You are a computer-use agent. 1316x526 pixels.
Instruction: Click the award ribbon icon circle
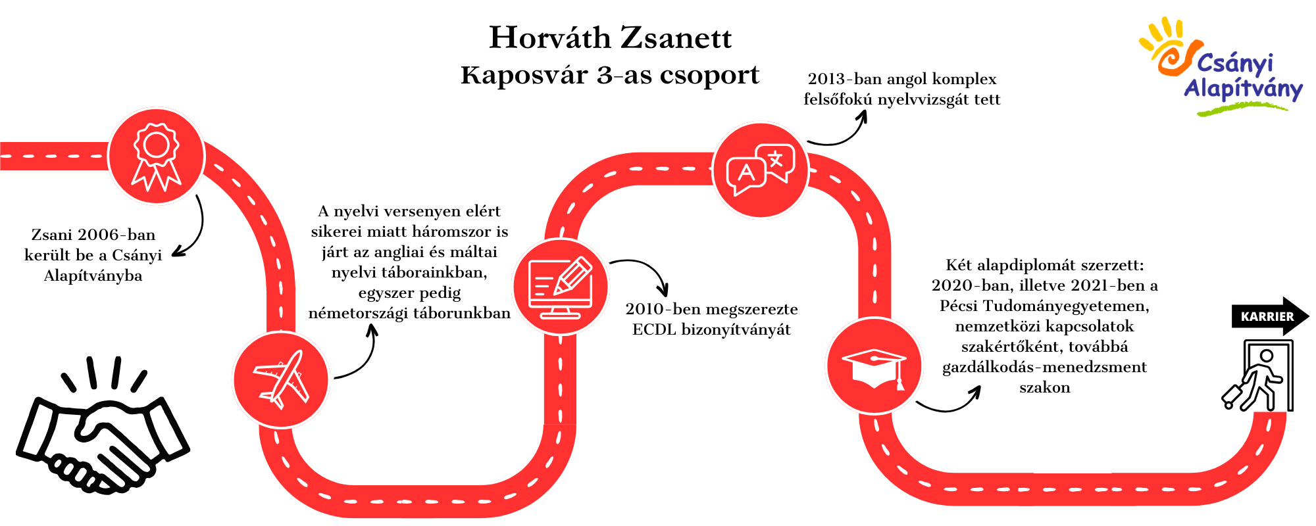(156, 156)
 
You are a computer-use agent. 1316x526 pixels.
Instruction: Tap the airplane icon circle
(281, 380)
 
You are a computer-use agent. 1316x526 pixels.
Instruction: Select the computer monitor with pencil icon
(561, 287)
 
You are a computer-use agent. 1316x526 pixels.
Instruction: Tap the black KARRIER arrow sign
(1271, 316)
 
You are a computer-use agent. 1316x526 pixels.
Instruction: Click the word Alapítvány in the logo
(1243, 89)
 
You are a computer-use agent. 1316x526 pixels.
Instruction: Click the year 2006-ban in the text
(116, 235)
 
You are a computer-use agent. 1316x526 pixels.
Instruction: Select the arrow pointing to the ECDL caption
(648, 268)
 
